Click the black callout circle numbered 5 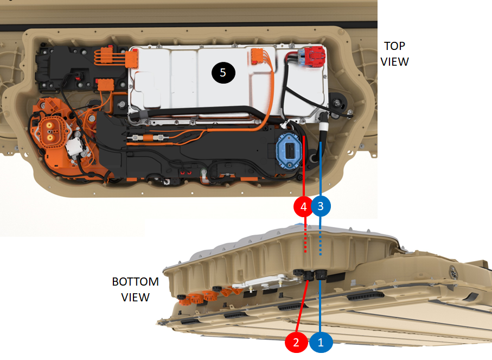223,73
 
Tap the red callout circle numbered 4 303,206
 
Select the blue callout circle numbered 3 321,206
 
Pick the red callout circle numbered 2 296,342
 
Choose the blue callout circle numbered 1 321,342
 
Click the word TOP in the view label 394,46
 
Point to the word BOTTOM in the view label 135,281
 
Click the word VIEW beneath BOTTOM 135,297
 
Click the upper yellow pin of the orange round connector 49,125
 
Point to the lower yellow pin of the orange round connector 49,137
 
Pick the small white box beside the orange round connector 75,147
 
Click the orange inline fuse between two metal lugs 149,137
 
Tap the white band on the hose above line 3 323,127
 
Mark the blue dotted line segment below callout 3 320,242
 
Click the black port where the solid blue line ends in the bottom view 321,275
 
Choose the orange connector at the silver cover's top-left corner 132,59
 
